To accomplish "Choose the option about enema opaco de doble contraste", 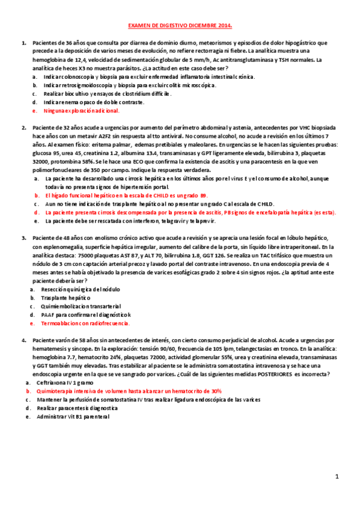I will click(93, 102).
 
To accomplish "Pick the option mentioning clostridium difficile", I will click(103, 94).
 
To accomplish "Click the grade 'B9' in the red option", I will click(203, 195).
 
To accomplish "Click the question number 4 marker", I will click(23, 340).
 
